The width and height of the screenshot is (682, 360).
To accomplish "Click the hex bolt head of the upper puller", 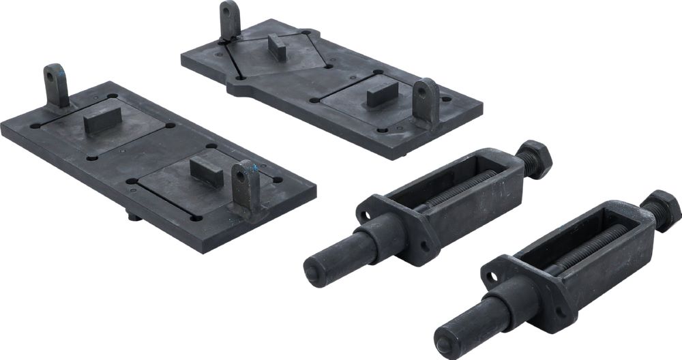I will [x=535, y=159].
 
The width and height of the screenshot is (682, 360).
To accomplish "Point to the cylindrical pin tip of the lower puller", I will [x=449, y=337].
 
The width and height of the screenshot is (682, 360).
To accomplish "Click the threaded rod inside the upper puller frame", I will [x=471, y=185].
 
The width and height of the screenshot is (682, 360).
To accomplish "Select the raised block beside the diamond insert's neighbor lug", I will [x=382, y=93].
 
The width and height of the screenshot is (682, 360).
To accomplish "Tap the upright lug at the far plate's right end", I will [x=425, y=102].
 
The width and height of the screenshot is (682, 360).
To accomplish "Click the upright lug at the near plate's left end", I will [x=56, y=85].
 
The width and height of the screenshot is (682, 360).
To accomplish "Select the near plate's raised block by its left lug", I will [x=103, y=123].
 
